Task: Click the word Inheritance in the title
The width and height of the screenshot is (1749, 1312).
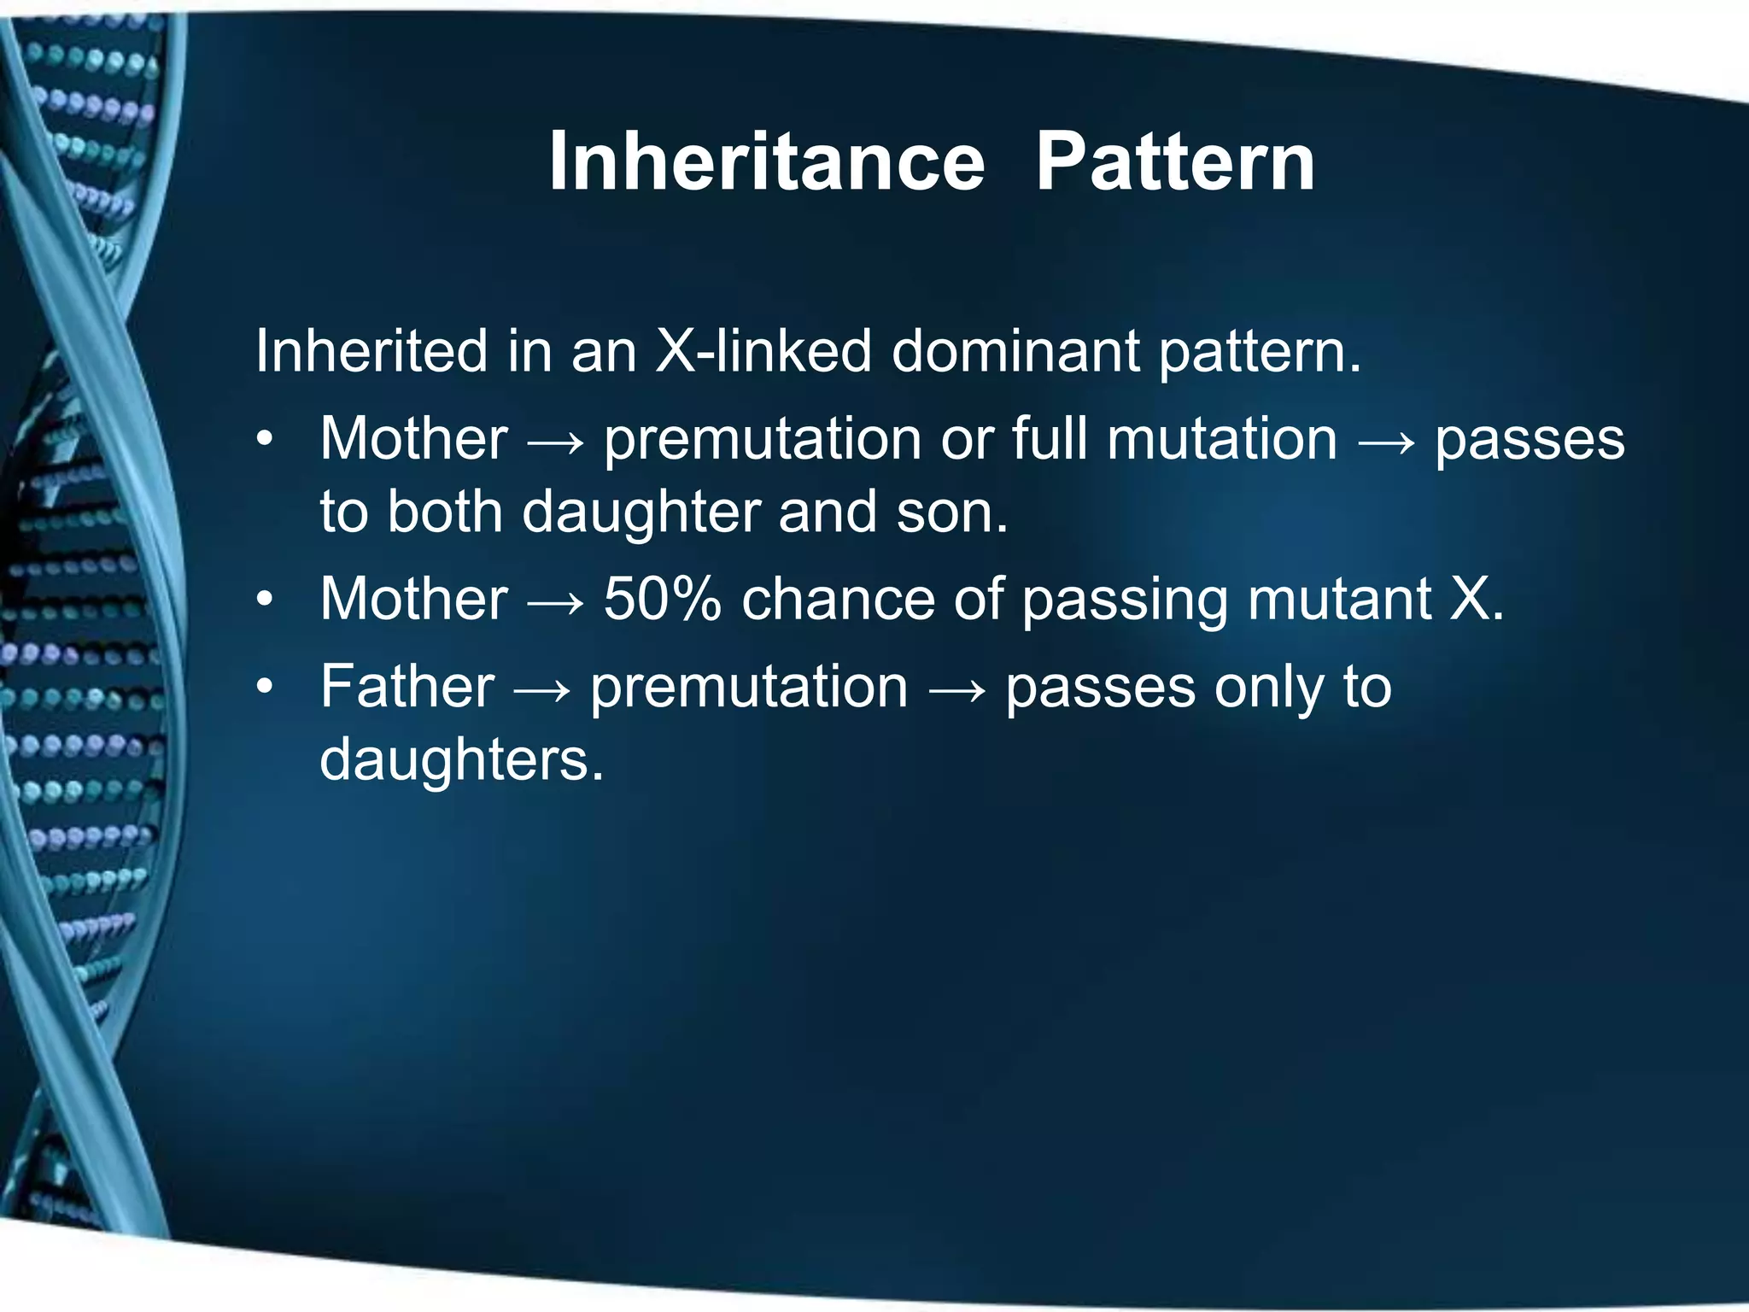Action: (766, 161)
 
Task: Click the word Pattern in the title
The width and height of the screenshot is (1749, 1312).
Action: (1174, 161)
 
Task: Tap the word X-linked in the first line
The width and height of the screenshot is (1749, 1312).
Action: (763, 351)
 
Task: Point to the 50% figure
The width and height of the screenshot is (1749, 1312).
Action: (662, 599)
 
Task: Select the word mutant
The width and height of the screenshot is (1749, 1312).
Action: (1338, 599)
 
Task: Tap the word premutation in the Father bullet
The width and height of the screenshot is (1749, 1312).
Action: (749, 688)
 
